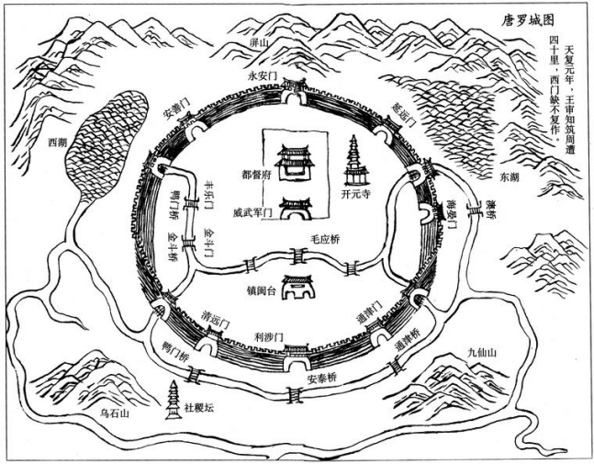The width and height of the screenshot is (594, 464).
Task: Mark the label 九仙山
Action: (x=481, y=350)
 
